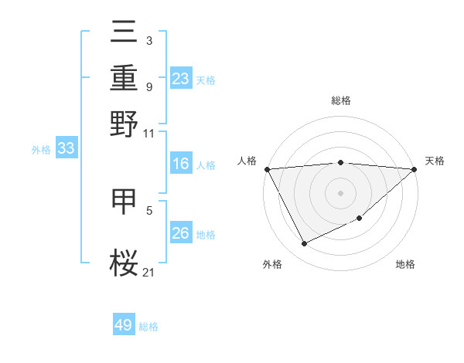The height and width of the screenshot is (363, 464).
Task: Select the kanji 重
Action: [125, 78]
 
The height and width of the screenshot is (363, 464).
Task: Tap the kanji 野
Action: [125, 123]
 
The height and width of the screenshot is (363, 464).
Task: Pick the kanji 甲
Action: [125, 202]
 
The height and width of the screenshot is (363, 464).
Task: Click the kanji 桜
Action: [125, 262]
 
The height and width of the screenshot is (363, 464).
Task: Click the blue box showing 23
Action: [181, 79]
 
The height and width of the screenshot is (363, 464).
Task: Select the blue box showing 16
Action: [181, 165]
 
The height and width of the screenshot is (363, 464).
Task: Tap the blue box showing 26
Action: [181, 234]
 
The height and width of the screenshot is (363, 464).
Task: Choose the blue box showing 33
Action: [66, 149]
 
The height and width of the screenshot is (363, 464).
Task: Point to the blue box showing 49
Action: [124, 326]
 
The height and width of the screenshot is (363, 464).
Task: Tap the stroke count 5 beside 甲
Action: [148, 209]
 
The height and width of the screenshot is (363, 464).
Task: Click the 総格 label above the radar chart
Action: [340, 100]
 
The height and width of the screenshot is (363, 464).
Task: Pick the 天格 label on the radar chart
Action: [435, 161]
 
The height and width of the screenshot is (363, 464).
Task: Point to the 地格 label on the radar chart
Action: [405, 264]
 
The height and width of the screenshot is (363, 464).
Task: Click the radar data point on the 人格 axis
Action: [267, 169]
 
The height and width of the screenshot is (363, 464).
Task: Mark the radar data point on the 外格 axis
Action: [304, 244]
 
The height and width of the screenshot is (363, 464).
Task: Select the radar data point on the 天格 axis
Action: [415, 169]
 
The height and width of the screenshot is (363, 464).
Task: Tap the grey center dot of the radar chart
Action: [340, 193]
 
